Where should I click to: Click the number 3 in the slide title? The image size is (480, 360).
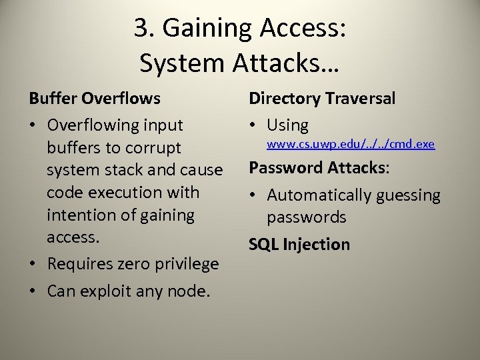pos(141,29)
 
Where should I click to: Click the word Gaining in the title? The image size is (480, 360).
pos(203,29)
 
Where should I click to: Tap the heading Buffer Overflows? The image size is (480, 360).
pos(95,99)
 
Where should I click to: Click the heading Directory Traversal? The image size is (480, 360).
pos(322,99)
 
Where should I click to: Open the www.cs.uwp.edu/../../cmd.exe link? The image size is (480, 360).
pos(351,143)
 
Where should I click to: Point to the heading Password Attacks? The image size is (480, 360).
pos(319,167)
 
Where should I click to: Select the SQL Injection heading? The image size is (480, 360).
pos(299,245)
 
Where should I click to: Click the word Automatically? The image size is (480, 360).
pos(323,195)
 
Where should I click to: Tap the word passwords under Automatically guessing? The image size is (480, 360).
pos(307,217)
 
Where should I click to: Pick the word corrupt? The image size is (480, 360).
pos(154,147)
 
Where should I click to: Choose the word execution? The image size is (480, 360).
pos(122,193)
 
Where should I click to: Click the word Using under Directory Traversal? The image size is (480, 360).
pos(287,125)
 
